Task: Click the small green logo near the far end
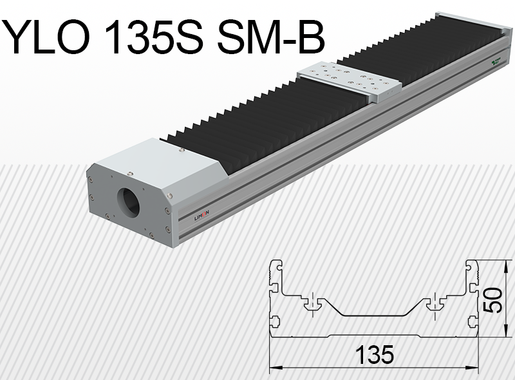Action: (496, 62)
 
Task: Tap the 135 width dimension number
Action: (373, 354)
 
